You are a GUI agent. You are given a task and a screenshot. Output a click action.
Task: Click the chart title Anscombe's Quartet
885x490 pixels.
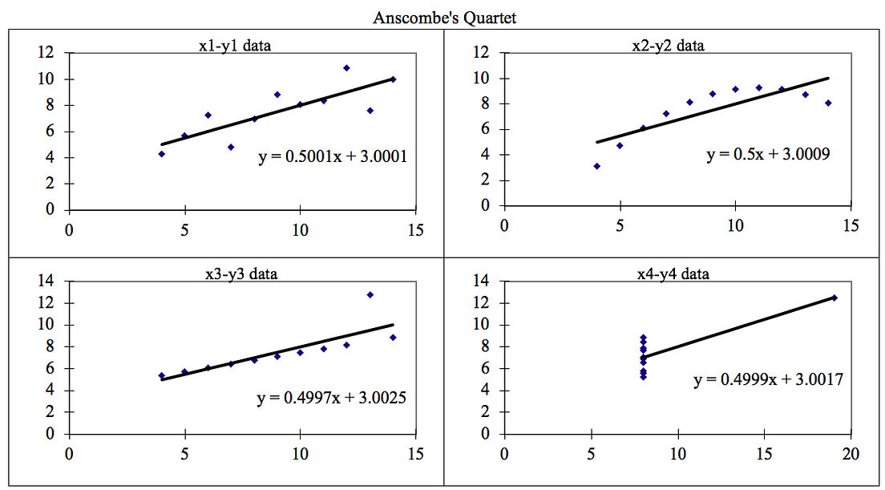(445, 18)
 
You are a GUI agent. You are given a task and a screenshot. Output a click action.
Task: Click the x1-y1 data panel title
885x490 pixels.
(234, 46)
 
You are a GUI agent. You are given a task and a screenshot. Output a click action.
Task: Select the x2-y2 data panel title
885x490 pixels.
(668, 46)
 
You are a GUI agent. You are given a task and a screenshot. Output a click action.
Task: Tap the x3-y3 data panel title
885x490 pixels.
(240, 274)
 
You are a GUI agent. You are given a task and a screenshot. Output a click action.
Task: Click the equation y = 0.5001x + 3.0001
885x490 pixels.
(332, 157)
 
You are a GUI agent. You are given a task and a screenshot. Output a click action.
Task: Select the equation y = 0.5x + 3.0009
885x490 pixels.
(767, 155)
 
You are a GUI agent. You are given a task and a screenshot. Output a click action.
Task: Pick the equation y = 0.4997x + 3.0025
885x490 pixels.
(331, 396)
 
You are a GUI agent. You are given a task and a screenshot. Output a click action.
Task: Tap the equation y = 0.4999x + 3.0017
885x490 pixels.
(767, 379)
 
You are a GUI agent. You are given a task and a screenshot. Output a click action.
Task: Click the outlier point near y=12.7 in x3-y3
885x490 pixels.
(370, 295)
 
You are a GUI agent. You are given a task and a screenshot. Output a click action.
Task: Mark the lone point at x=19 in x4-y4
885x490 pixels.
(834, 298)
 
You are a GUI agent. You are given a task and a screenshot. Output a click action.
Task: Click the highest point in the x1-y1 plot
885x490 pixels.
(346, 68)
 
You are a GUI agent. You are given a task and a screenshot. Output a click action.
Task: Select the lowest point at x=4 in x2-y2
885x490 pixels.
(596, 166)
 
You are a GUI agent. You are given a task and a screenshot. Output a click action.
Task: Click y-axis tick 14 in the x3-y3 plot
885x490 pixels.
(47, 281)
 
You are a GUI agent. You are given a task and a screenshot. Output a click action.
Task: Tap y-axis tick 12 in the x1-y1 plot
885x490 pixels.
(47, 53)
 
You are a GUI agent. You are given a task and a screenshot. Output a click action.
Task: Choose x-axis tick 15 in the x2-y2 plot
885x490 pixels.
(851, 225)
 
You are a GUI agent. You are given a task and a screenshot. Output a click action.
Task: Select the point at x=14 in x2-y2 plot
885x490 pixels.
(828, 103)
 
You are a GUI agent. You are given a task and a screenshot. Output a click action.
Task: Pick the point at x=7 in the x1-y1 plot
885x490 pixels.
(231, 147)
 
